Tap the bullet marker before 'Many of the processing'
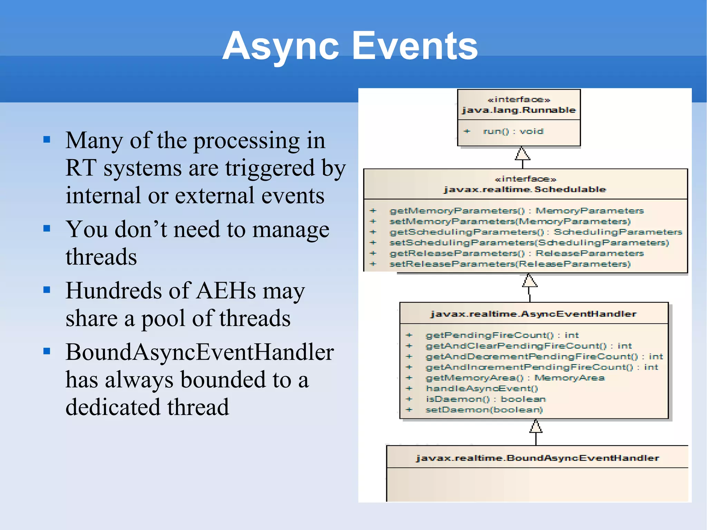point(47,140)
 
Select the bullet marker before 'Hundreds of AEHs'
point(47,290)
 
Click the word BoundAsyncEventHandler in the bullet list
point(200,352)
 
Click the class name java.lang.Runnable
point(519,110)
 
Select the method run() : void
point(513,131)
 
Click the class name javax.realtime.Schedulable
point(525,189)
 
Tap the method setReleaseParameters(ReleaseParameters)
point(510,264)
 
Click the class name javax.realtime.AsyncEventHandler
point(533,314)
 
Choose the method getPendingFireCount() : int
point(502,335)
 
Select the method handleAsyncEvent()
point(482,388)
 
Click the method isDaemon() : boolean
point(486,399)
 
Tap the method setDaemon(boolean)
point(484,410)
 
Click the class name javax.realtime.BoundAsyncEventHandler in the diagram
point(537,458)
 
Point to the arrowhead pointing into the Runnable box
point(522,154)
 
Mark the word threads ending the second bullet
point(101,257)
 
